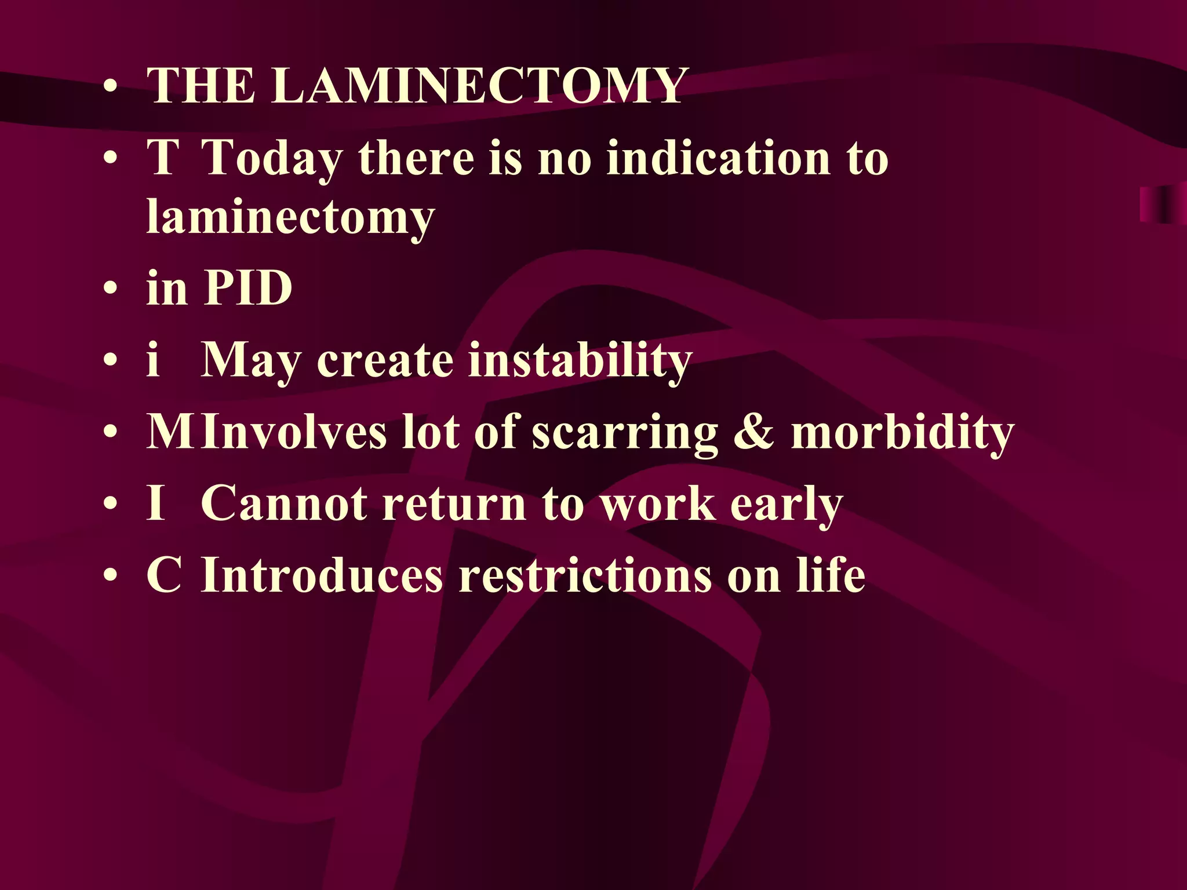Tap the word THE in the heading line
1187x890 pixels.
pyautogui.click(x=201, y=86)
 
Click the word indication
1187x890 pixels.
pyautogui.click(x=719, y=158)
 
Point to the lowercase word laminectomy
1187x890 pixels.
pyautogui.click(x=290, y=218)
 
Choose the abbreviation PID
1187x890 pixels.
pyautogui.click(x=248, y=287)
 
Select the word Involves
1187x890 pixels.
pyautogui.click(x=293, y=432)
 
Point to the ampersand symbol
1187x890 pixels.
pyautogui.click(x=753, y=432)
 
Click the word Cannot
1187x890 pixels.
pyautogui.click(x=284, y=504)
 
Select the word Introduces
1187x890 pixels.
pyautogui.click(x=322, y=575)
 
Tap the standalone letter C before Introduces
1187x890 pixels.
pyautogui.click(x=164, y=575)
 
